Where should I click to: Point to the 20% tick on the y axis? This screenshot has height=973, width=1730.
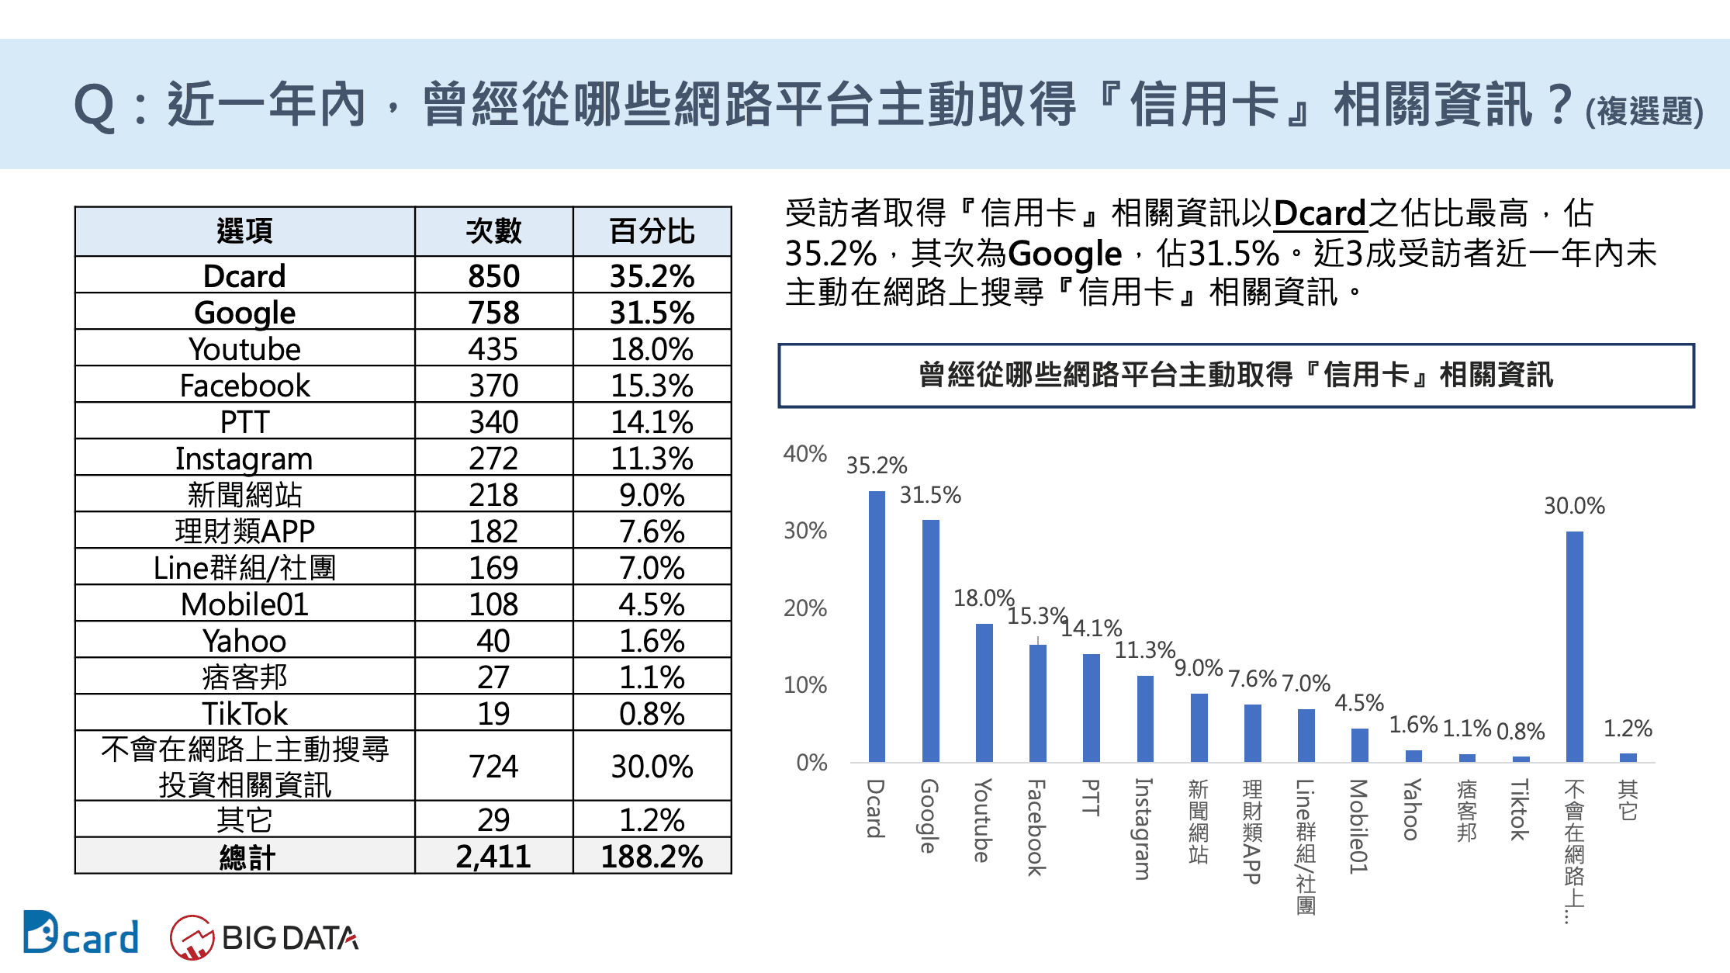[805, 608]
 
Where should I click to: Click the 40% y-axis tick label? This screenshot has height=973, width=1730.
[805, 454]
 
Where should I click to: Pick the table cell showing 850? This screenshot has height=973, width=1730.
[493, 276]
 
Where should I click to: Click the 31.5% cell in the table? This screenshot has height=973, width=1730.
[652, 313]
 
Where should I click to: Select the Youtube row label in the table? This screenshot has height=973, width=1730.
[244, 349]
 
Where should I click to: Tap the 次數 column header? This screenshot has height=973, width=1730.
[493, 231]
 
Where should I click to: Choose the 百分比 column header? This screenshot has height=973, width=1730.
[652, 231]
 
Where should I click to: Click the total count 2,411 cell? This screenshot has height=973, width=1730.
[493, 857]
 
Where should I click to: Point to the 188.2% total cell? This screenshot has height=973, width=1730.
[652, 857]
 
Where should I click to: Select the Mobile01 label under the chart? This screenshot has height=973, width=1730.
[1358, 826]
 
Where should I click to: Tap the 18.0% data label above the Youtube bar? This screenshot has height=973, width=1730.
[984, 598]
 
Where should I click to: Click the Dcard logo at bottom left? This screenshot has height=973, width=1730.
[81, 934]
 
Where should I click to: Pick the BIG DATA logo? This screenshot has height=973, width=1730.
[265, 937]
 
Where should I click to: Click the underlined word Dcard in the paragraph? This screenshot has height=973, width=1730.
[1320, 213]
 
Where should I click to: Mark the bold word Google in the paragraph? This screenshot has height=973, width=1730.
[1065, 254]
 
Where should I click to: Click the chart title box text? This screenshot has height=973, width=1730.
[1236, 376]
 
